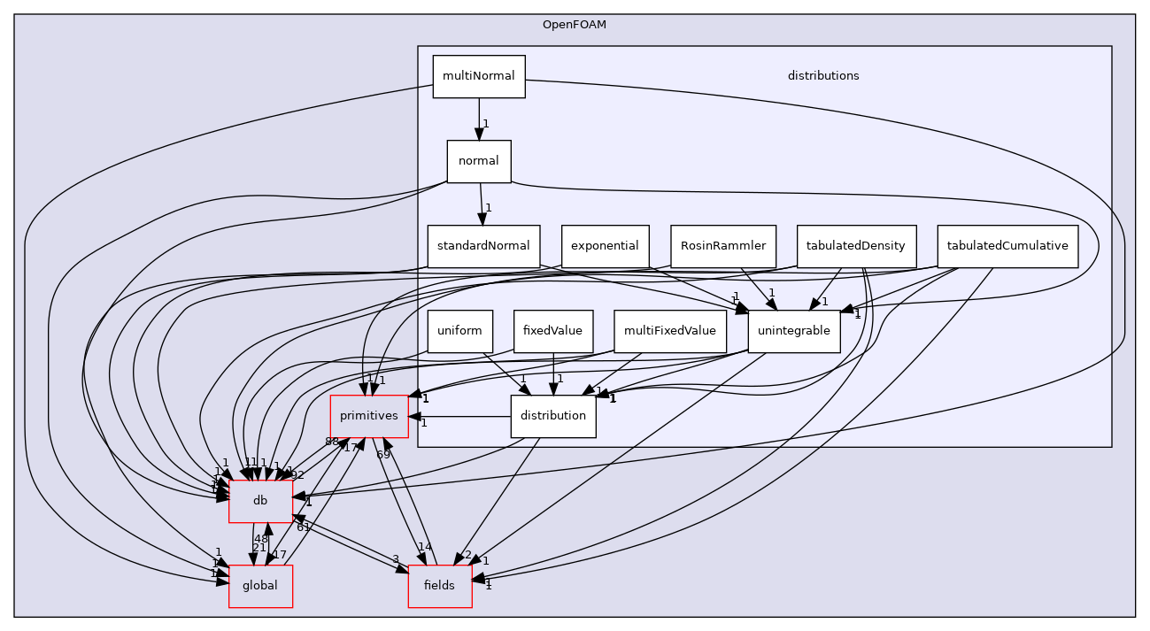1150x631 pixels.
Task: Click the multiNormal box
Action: (x=478, y=76)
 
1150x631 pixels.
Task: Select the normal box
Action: (x=478, y=161)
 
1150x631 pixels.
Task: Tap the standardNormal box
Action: (x=483, y=246)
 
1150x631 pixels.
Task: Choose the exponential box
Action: (x=606, y=246)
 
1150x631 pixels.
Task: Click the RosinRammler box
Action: (x=723, y=246)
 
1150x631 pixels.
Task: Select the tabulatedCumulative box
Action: (x=1007, y=246)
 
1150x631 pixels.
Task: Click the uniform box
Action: (x=459, y=331)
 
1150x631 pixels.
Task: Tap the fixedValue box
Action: (x=552, y=331)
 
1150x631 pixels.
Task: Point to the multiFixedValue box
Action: (x=670, y=331)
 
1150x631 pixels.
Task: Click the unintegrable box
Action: (x=793, y=331)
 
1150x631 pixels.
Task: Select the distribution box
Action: (x=553, y=416)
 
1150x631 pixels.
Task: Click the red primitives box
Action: (x=369, y=416)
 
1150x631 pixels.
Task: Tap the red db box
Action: (x=260, y=501)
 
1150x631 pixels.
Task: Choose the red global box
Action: (x=260, y=586)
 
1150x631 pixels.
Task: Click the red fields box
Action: (x=439, y=586)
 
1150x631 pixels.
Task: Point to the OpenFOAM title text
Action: (x=574, y=24)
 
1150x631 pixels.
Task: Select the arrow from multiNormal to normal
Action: (x=479, y=119)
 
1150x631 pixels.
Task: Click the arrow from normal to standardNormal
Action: (x=481, y=204)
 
